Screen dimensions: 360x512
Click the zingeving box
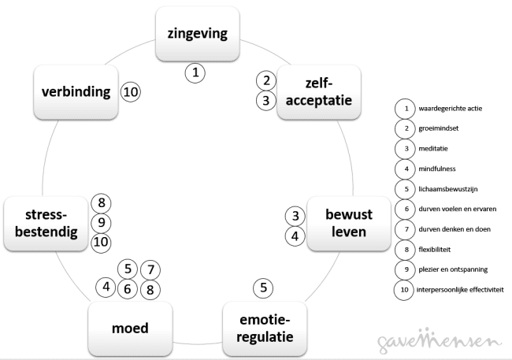coord(197,34)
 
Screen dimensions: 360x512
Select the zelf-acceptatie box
coord(319,91)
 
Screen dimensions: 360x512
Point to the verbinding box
coord(75,92)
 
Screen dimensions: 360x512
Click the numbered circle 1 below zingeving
coord(195,73)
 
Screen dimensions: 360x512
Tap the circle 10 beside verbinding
coord(131,92)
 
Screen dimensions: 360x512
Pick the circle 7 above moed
coord(151,269)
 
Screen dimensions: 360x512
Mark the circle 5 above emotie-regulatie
coord(264,288)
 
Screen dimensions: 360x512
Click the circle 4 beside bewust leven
coord(294,235)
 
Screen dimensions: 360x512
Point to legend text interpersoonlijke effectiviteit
coord(460,290)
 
